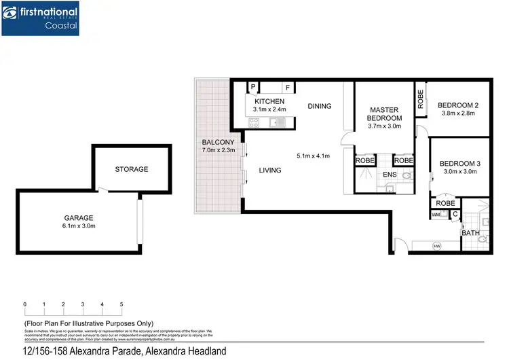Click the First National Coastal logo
tap(40, 18)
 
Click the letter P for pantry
tap(252, 88)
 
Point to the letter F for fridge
tap(288, 88)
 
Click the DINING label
tap(319, 106)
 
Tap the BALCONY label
tap(218, 142)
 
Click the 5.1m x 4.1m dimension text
tap(313, 156)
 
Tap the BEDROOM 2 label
tap(457, 105)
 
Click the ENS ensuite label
tap(390, 175)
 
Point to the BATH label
tap(470, 233)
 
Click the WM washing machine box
tap(436, 215)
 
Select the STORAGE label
tap(131, 169)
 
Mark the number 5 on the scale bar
tap(121, 304)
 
